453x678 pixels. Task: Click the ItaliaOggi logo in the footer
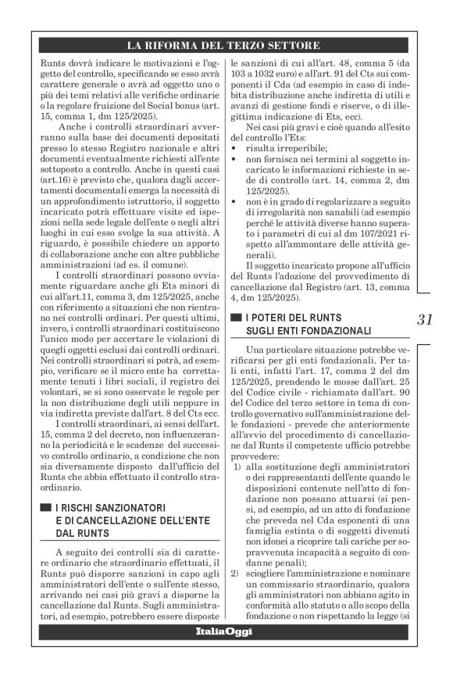tap(227, 630)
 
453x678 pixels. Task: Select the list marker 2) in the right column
tap(237, 573)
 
